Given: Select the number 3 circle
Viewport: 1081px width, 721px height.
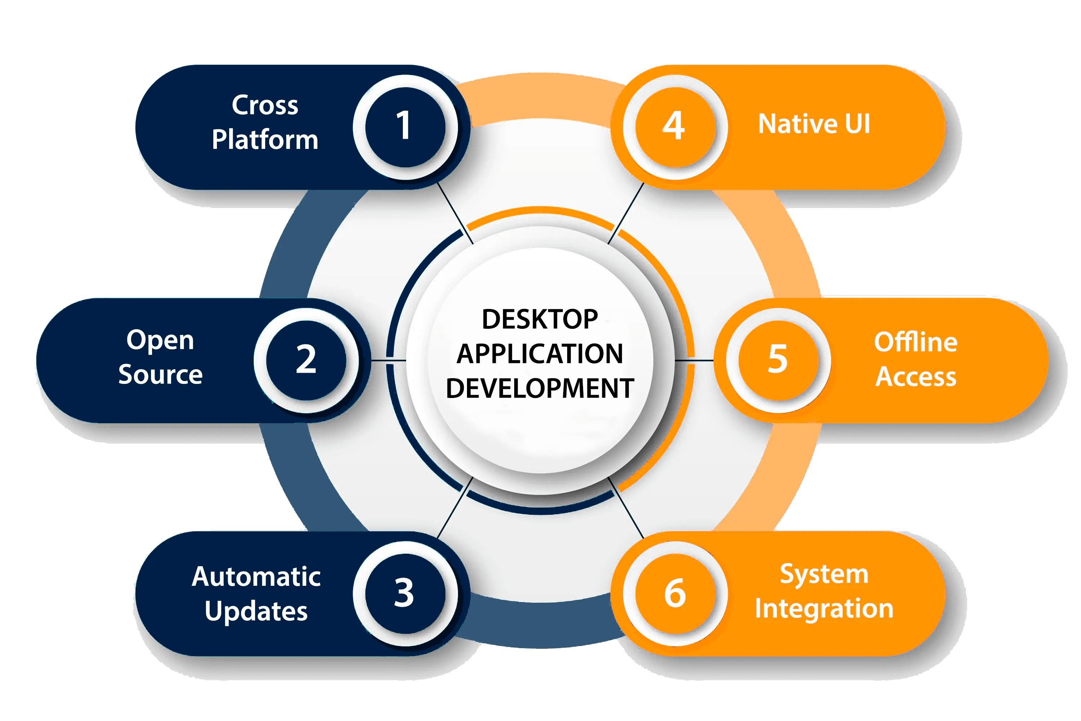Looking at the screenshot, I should [x=405, y=593].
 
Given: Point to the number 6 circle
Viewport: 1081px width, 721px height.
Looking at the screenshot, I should [x=675, y=593].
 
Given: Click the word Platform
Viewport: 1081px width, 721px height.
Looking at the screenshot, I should [x=265, y=140].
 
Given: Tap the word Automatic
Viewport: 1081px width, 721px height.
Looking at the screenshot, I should [x=256, y=576].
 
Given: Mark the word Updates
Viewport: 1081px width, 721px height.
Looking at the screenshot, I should [x=256, y=611].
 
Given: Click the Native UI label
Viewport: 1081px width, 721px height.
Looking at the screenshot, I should [x=814, y=124].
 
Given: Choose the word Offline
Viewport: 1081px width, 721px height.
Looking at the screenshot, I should [x=916, y=342].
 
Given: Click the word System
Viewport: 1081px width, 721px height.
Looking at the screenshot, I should [x=824, y=574].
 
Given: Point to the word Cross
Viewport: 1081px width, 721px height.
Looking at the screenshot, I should [x=265, y=105].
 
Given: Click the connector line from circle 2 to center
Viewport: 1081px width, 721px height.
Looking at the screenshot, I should [x=388, y=360].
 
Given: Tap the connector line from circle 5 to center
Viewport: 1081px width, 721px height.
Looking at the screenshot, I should [x=694, y=360].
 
